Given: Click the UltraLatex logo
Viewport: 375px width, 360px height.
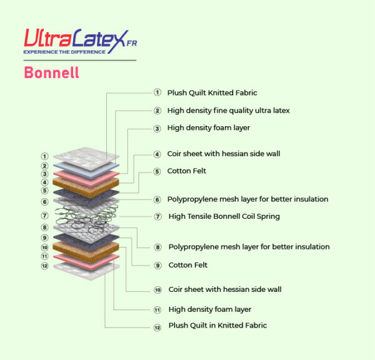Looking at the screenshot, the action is pyautogui.click(x=81, y=41).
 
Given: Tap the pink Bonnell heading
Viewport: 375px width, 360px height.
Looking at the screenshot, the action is pyautogui.click(x=51, y=72).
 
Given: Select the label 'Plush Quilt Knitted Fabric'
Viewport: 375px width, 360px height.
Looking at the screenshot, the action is pyautogui.click(x=212, y=92).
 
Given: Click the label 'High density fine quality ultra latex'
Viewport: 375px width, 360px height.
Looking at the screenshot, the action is pyautogui.click(x=228, y=111).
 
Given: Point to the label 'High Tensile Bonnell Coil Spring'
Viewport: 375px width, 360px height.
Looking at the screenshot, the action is pyautogui.click(x=224, y=216).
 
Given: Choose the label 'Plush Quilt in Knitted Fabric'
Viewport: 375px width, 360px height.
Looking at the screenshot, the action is pyautogui.click(x=217, y=326).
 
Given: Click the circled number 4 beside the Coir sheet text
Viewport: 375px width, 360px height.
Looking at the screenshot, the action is pyautogui.click(x=157, y=154).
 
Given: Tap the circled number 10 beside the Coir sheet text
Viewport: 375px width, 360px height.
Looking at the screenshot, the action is pyautogui.click(x=158, y=290).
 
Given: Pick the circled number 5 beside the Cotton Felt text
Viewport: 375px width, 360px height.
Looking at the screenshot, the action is pyautogui.click(x=157, y=171).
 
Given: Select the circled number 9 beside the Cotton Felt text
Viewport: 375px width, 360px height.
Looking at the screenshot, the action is pyautogui.click(x=157, y=266).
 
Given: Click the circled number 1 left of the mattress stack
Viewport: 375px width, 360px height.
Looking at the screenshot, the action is pyautogui.click(x=44, y=156).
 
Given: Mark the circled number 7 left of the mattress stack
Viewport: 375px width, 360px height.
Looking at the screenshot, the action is pyautogui.click(x=44, y=216).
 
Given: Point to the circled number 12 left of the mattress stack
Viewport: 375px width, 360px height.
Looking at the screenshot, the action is pyautogui.click(x=45, y=266).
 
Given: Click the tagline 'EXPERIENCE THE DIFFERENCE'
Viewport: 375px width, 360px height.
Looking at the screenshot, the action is pyautogui.click(x=64, y=52).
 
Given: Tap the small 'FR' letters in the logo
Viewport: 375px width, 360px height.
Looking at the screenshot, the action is pyautogui.click(x=132, y=43).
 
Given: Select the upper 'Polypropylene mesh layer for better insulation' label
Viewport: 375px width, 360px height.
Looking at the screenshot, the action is pyautogui.click(x=247, y=199).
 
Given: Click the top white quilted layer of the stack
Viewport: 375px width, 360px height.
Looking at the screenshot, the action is pyautogui.click(x=86, y=158).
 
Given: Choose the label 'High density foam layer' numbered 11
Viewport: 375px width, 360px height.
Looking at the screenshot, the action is pyautogui.click(x=210, y=309).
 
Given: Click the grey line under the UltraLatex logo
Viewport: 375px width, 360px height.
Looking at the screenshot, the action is pyautogui.click(x=80, y=60).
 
